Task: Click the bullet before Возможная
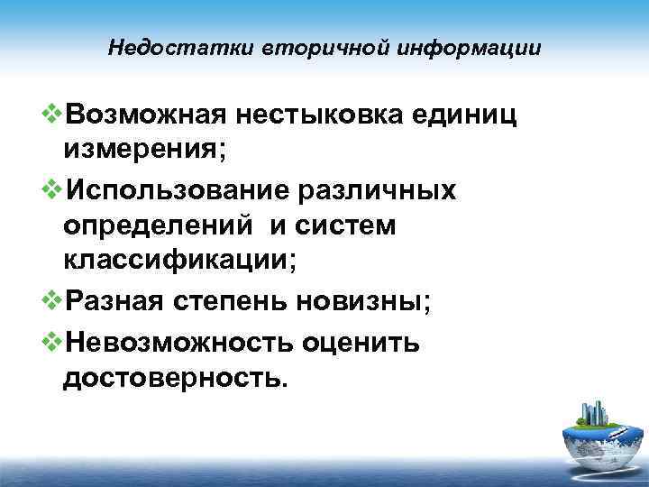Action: click(53, 115)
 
